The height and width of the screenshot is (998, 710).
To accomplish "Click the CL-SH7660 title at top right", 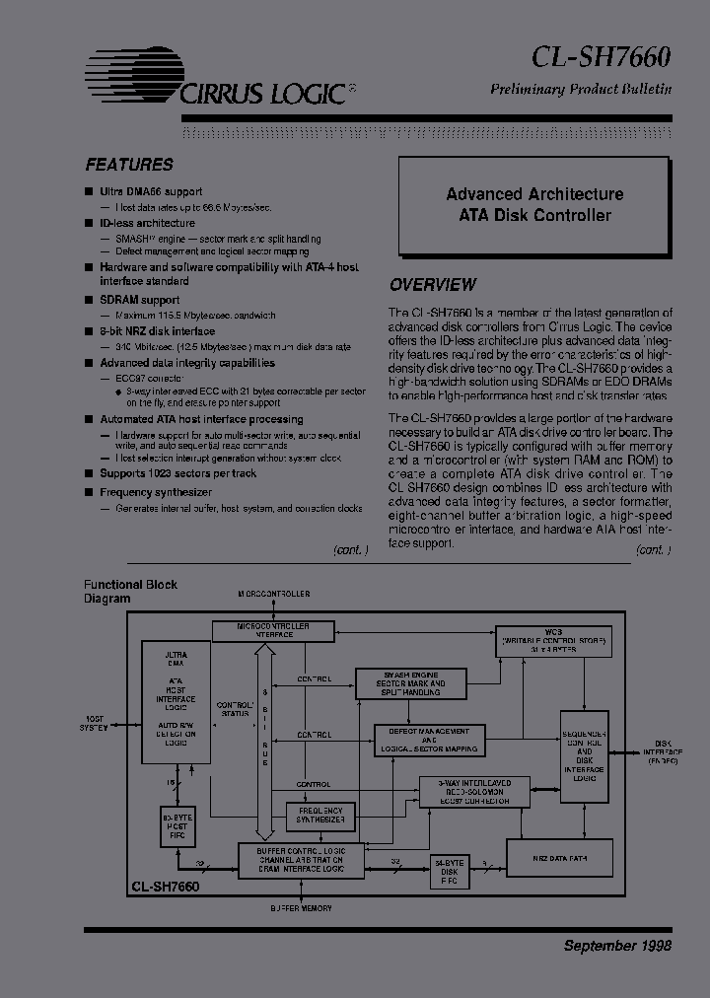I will click(601, 57).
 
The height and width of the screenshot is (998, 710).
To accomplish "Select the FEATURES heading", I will click(129, 165).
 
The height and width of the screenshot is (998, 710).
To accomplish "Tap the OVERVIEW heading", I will click(432, 285).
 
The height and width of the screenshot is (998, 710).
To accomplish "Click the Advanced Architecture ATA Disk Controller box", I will click(534, 205).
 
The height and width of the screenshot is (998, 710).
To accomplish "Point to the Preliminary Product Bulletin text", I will click(581, 90).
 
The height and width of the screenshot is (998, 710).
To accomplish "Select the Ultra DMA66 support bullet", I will click(150, 191).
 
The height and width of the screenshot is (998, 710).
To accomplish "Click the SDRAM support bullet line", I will click(139, 300).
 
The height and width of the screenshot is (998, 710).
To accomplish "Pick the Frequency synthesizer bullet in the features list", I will click(155, 492).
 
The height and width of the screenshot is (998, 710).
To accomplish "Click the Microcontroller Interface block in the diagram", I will click(273, 630).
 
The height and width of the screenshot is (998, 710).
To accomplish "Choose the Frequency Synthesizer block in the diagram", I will click(320, 815).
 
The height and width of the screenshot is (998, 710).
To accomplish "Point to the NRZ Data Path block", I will click(559, 859).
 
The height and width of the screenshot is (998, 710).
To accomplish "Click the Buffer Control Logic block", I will click(300, 860).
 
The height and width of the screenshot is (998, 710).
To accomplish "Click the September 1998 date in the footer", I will click(617, 946).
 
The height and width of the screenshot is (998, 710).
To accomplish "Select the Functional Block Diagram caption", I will click(129, 591).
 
